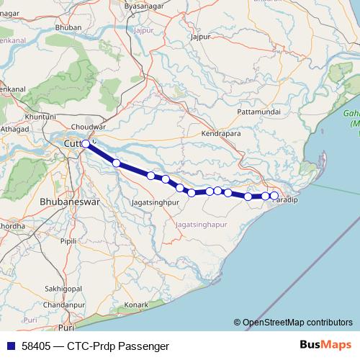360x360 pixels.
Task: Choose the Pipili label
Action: pos(68,241)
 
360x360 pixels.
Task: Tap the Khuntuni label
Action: pos(40,116)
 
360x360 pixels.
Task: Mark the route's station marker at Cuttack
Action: pos(86,144)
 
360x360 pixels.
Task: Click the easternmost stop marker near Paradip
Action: pos(274,196)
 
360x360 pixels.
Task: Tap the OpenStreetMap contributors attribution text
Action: pos(297,323)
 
